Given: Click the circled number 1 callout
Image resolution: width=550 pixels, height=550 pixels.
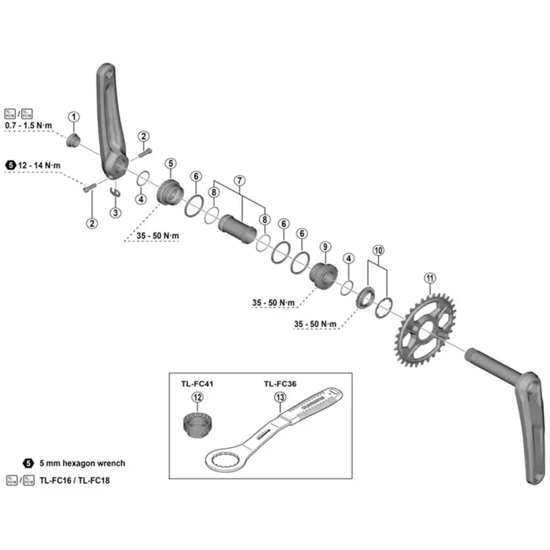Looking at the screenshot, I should [x=74, y=117].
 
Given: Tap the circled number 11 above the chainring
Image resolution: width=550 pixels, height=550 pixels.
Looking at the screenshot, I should [x=430, y=278].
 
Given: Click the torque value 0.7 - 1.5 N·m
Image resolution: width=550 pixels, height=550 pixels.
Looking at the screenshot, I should [x=32, y=126].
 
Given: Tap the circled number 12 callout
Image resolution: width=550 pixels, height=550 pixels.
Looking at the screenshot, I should [x=197, y=397].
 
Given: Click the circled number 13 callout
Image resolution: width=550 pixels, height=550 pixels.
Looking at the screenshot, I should [x=279, y=397].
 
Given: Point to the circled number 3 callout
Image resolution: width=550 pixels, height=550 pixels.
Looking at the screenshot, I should [x=116, y=213].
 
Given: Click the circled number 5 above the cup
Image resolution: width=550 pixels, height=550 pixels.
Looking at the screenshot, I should [x=170, y=163].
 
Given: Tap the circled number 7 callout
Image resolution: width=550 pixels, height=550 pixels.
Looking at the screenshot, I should [x=239, y=180].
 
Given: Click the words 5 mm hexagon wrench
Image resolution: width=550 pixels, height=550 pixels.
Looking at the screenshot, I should [x=82, y=463].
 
